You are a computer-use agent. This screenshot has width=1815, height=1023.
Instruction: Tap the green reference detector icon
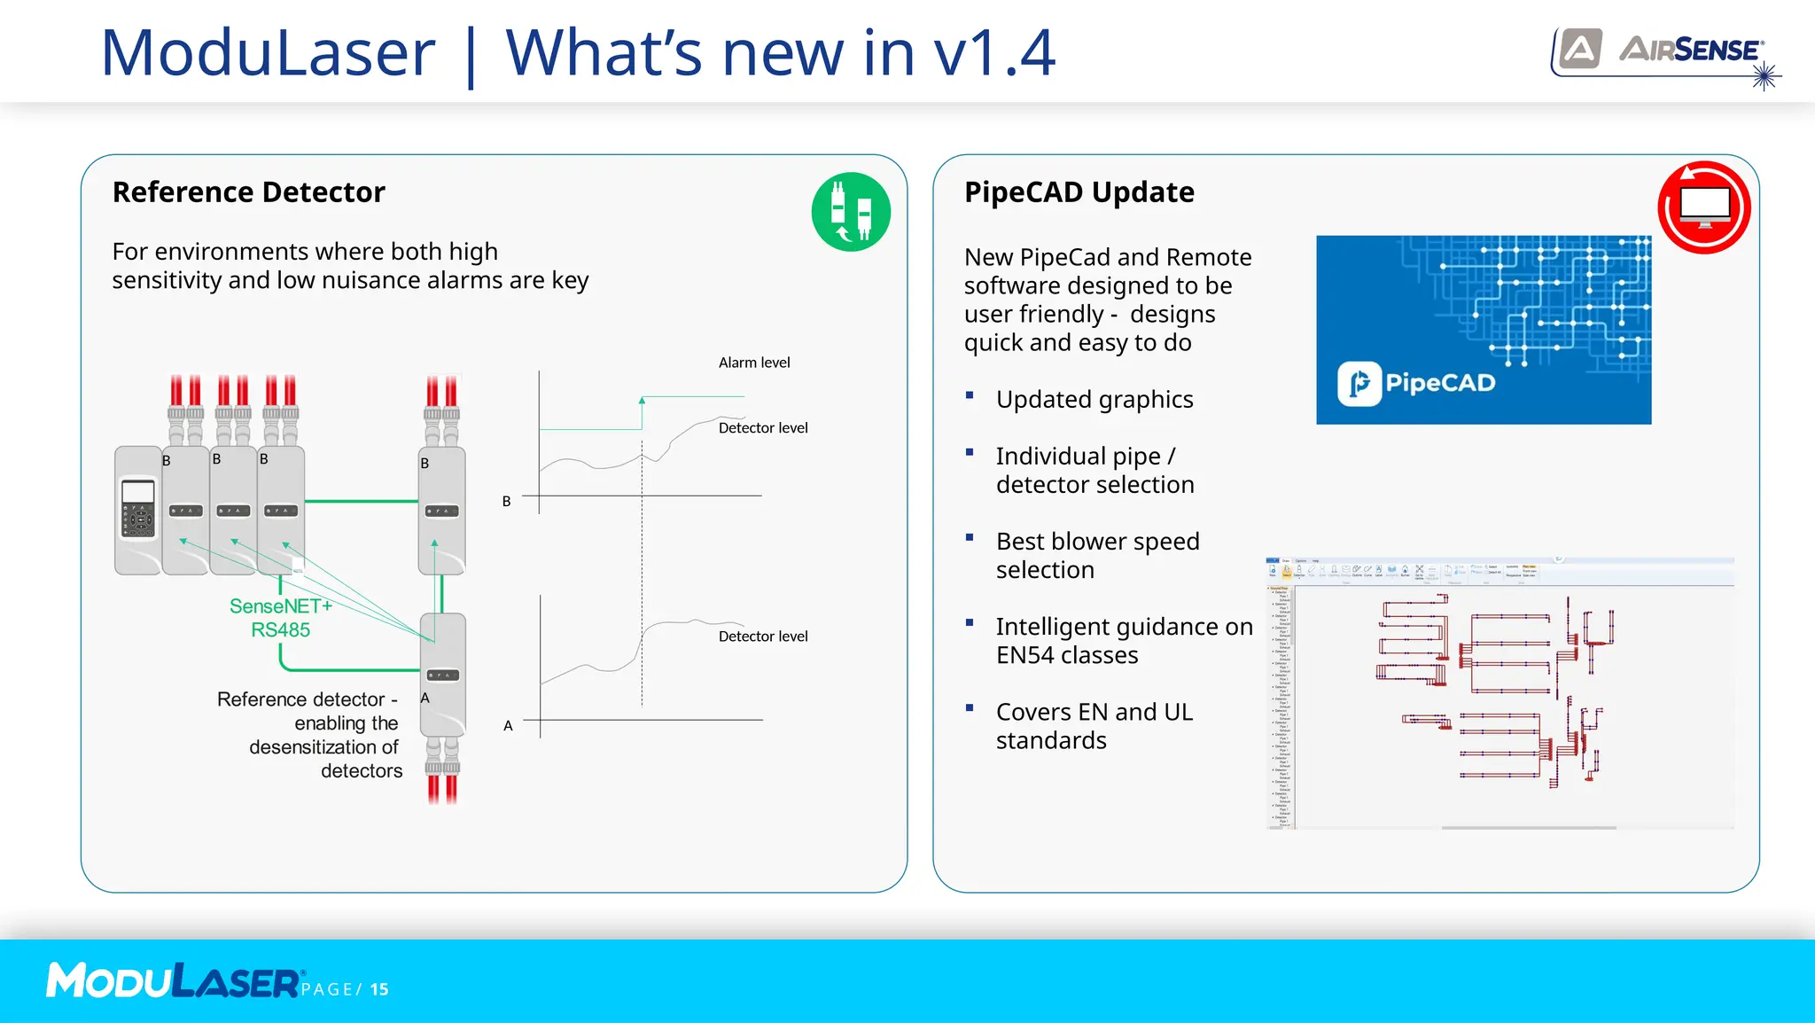tap(851, 212)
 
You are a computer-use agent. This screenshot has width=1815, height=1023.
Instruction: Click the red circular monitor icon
tap(1703, 207)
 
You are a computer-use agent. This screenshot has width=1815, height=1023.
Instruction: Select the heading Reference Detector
tap(248, 192)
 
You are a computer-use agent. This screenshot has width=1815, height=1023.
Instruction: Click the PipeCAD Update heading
tap(1079, 192)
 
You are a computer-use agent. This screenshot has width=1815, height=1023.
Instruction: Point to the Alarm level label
tap(753, 363)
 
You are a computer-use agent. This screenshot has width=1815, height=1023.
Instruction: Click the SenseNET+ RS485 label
tap(280, 618)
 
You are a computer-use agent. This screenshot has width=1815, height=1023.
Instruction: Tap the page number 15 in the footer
tap(379, 989)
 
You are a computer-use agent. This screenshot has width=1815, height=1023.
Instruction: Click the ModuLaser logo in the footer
tap(174, 981)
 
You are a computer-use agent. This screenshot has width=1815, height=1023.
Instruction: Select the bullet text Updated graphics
tap(1094, 400)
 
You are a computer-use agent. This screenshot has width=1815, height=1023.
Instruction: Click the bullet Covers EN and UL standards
tap(1094, 726)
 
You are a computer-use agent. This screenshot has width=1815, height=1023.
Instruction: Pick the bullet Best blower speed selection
tap(1097, 556)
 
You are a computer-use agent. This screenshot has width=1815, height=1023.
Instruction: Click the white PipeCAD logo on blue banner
tap(1415, 383)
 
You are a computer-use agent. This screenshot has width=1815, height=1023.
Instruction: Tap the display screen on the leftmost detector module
tap(138, 491)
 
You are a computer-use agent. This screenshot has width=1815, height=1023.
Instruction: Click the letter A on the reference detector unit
tap(425, 699)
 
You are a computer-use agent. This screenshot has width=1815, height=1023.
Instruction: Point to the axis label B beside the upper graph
tap(507, 502)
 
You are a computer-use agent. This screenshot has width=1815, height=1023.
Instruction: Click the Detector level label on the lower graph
tap(762, 636)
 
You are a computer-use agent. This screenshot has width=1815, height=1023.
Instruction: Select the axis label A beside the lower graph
tap(508, 726)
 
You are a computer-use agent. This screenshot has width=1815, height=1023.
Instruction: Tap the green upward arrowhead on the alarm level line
tap(642, 402)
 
